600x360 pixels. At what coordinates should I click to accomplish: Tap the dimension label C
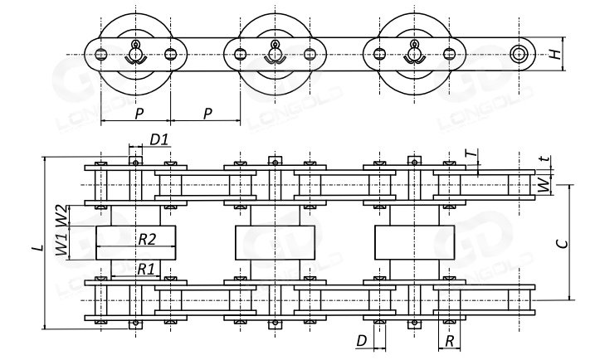[x=562, y=242]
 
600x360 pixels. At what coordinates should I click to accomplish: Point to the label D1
[x=159, y=139]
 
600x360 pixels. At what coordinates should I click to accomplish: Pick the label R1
[x=146, y=269]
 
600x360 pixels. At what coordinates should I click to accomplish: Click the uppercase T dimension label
[x=471, y=154]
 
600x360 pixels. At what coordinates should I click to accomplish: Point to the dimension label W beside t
[x=544, y=185]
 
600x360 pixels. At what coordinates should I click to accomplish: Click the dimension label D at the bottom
[x=361, y=341]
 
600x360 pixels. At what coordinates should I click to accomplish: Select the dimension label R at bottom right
[x=449, y=341]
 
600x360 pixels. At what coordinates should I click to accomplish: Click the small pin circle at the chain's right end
[x=520, y=55]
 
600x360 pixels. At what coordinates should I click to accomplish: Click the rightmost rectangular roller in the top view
[x=412, y=241]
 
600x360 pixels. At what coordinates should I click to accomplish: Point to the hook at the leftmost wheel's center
[x=135, y=56]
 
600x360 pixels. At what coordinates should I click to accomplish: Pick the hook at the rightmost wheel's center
[x=412, y=56]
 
